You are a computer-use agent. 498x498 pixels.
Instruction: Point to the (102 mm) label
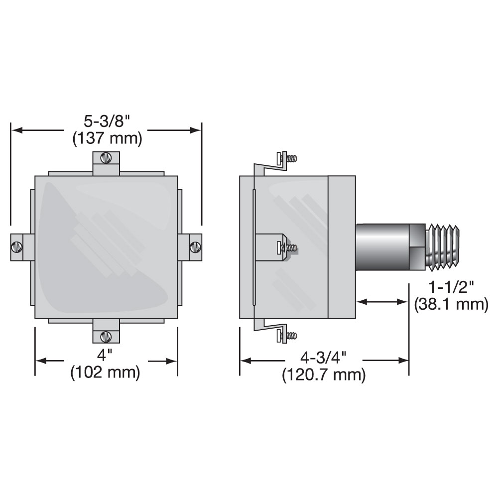coord(106,372)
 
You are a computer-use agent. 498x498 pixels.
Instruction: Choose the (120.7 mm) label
coord(324,374)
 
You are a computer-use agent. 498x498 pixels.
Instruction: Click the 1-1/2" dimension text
coord(450,287)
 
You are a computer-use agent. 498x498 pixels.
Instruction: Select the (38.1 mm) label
coord(451,304)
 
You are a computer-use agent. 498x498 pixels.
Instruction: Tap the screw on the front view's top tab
coord(105,158)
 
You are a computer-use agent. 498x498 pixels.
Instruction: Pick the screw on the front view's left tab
coord(17,247)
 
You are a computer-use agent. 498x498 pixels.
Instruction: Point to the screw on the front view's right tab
coord(195,246)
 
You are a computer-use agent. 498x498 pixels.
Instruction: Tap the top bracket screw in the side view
coord(288,159)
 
